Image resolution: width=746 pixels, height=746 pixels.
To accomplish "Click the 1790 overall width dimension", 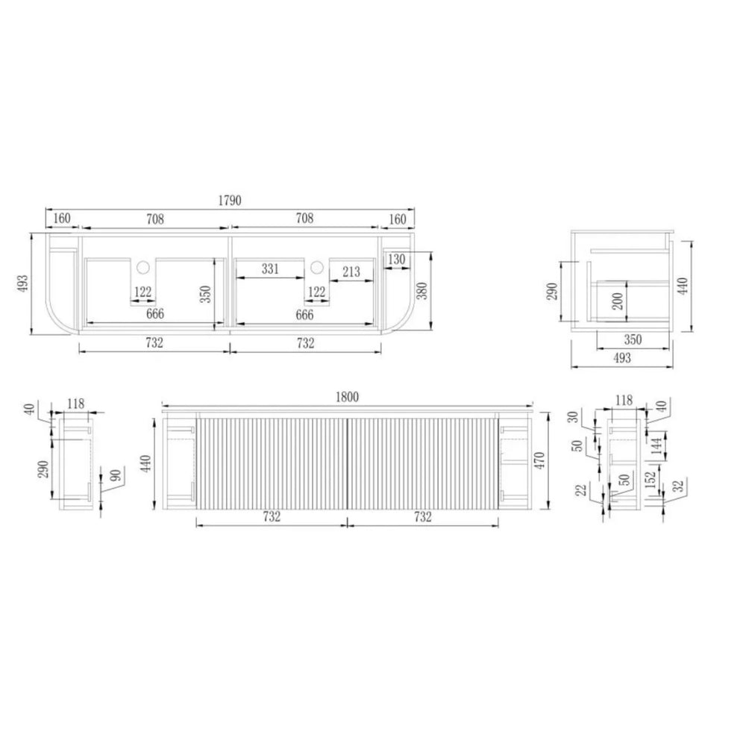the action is (230, 200).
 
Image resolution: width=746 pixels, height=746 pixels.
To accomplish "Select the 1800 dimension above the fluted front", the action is (348, 397).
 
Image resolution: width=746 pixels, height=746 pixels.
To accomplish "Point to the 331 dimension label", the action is (270, 269).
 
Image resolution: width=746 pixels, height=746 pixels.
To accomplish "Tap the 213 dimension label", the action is (351, 272).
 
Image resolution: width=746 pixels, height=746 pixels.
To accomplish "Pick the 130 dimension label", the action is (396, 260).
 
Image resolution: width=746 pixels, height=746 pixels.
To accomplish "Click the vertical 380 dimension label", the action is (422, 291).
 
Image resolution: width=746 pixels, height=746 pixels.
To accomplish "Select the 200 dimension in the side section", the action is (618, 301).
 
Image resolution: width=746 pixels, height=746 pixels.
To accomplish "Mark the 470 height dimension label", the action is (539, 461).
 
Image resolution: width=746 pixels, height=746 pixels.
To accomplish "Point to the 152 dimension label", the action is (652, 476).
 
